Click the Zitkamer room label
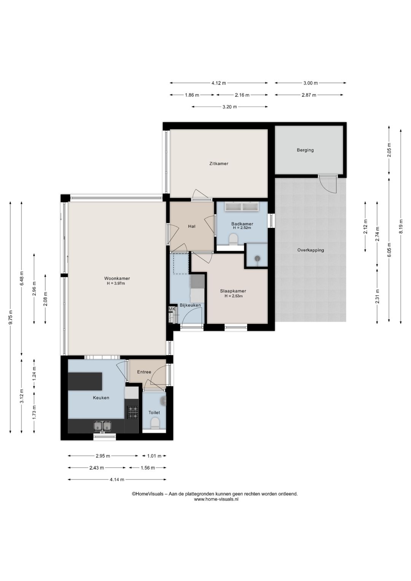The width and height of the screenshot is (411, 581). coord(219,164)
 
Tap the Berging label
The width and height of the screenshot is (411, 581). coord(305,150)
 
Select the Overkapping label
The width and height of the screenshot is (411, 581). coord(311,250)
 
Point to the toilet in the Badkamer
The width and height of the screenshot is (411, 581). coord(234,239)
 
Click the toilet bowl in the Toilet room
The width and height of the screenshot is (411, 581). coord(155,423)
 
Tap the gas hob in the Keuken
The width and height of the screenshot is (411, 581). coord(132,412)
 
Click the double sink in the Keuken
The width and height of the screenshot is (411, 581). coord(103,426)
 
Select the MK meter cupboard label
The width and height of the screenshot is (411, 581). coord(172,309)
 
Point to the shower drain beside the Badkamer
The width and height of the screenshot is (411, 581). coord(257,259)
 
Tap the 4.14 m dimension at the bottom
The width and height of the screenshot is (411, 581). coord(117,480)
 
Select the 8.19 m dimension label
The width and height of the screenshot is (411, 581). coord(401,227)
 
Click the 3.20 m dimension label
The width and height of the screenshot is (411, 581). coord(229,107)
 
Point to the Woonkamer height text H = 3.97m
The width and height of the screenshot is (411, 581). coord(116,284)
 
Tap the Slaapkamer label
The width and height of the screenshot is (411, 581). coord(233,291)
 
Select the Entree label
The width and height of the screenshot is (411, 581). coord(144,372)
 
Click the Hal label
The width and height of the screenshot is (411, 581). coord(192,227)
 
